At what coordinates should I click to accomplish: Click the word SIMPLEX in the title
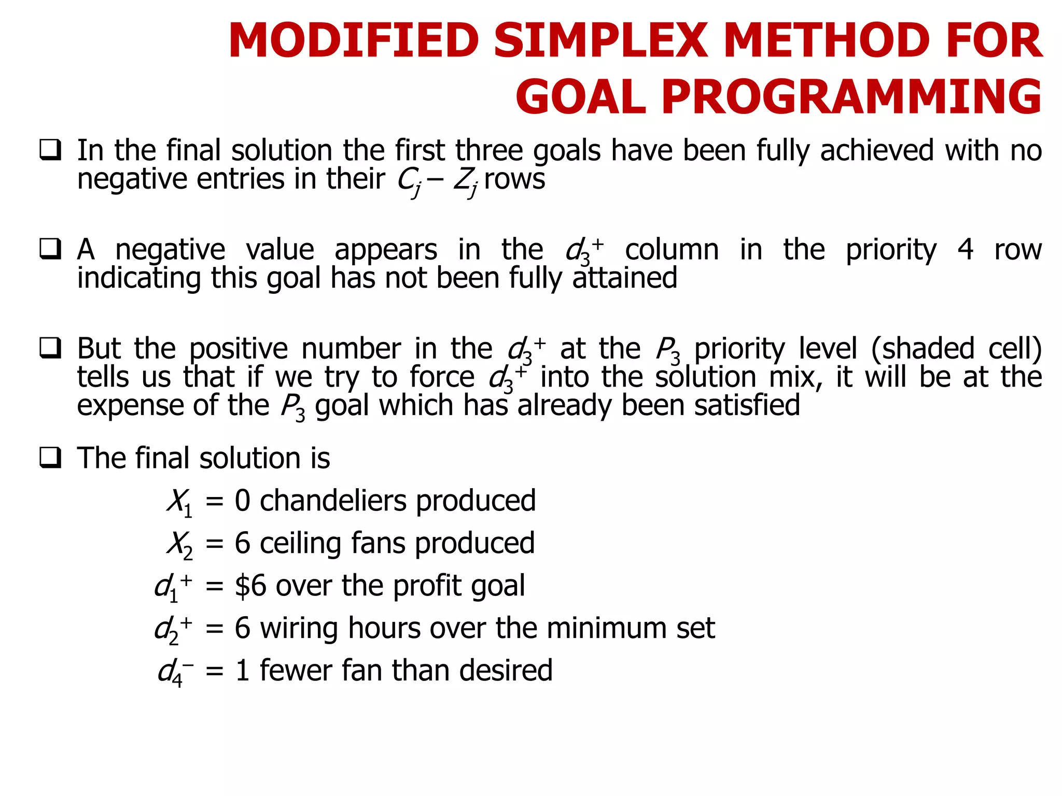coord(600,41)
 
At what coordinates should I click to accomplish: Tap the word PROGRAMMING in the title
coord(851,97)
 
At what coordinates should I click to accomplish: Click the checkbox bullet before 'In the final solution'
coord(50,150)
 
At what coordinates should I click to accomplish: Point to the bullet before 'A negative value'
coord(50,249)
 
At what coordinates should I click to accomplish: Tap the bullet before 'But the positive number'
coord(50,348)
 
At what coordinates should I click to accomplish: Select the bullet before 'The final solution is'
coord(50,458)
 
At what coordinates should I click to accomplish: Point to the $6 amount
coord(250,586)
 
